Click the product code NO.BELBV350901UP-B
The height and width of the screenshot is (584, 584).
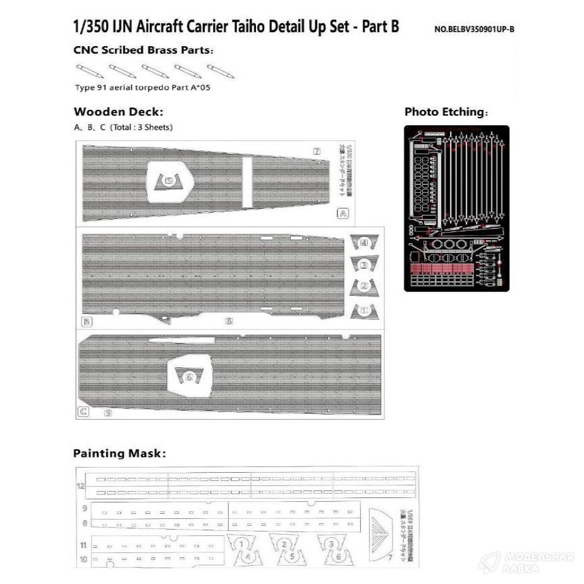474,29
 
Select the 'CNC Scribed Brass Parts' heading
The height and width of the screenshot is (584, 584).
143,50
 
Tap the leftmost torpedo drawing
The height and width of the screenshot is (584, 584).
90,71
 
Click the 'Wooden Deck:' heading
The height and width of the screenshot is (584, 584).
118,112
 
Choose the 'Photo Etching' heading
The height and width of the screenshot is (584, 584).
446,113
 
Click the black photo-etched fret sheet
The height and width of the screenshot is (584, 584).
456,208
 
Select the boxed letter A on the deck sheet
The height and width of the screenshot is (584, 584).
343,214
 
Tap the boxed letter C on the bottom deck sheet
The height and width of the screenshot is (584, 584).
83,412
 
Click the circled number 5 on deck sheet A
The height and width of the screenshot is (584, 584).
169,181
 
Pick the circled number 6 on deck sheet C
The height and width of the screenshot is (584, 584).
187,377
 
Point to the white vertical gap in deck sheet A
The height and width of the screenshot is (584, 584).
247,183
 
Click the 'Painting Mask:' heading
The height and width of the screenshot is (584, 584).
119,453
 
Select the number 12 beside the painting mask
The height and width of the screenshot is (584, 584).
81,486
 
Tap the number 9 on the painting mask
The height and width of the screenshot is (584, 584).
84,508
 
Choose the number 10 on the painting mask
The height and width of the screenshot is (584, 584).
83,559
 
